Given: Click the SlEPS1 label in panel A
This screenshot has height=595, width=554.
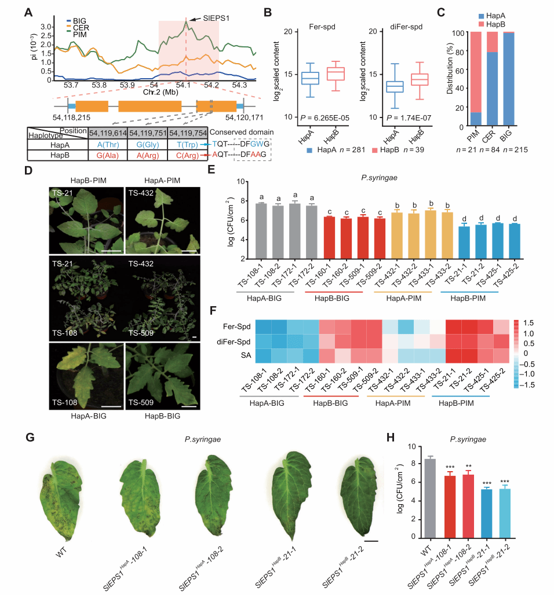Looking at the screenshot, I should [215, 18].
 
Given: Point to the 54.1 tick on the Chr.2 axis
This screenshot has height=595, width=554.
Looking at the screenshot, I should [185, 85].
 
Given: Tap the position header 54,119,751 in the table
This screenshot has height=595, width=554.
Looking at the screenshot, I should [148, 132].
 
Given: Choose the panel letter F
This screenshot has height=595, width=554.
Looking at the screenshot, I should [213, 311].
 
